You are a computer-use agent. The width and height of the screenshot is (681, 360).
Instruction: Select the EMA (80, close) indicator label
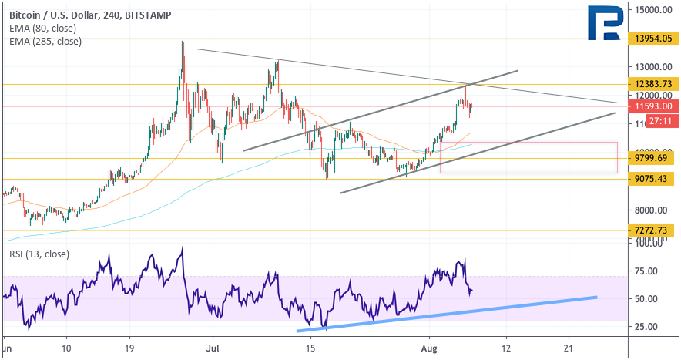[x=42, y=28]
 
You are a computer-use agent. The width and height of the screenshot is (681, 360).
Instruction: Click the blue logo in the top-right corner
[x=606, y=24]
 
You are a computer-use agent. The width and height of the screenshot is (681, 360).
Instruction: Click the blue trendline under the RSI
[x=447, y=312]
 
